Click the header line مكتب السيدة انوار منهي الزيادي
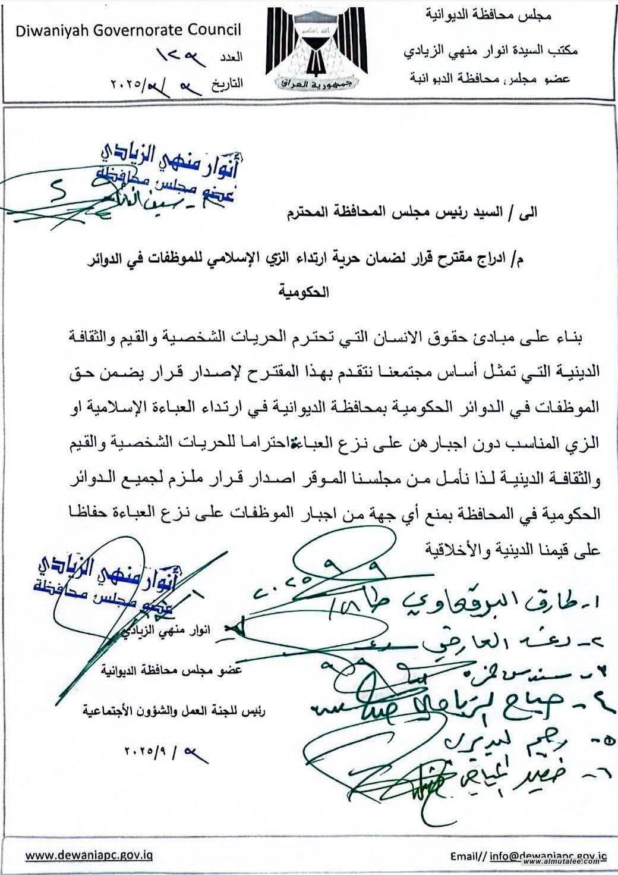[490, 52]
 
